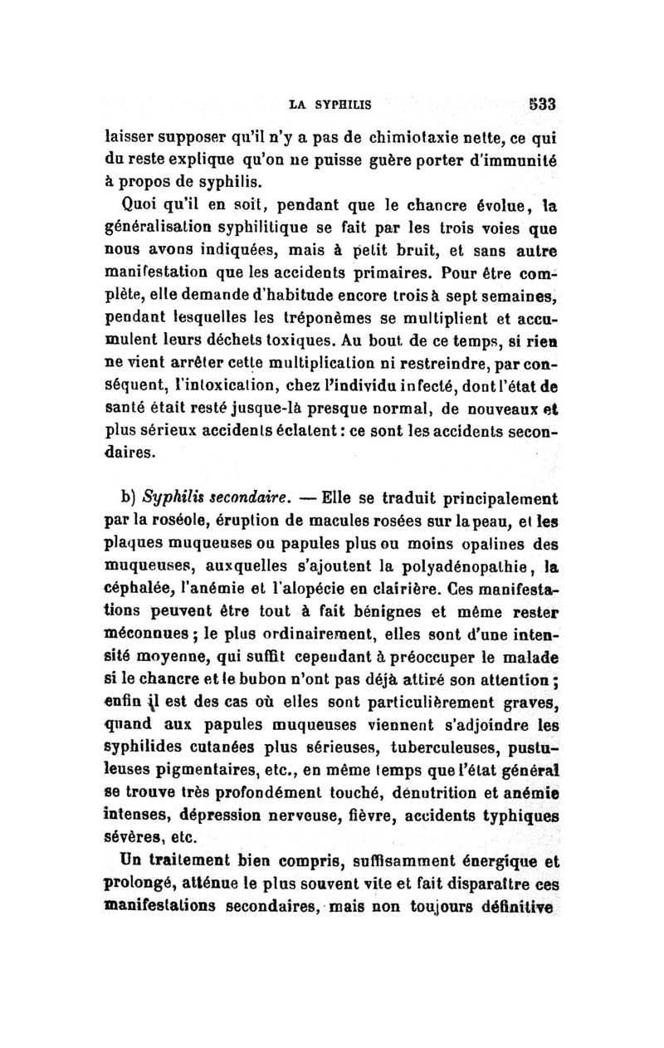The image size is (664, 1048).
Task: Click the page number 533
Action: tap(539, 105)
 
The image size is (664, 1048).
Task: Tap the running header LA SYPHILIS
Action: tap(330, 105)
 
